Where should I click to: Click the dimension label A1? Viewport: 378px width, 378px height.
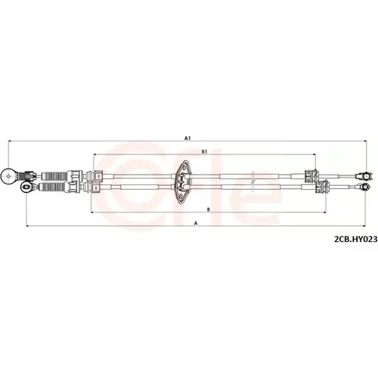click(x=187, y=138)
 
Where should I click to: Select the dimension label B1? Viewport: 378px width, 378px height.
click(x=204, y=152)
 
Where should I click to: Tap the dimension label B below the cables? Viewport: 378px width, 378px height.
click(x=208, y=209)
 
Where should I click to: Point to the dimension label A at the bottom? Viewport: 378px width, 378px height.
click(x=196, y=223)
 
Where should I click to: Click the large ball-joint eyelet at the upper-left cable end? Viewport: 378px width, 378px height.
click(x=9, y=176)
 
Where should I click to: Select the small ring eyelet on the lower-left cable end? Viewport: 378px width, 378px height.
click(x=26, y=187)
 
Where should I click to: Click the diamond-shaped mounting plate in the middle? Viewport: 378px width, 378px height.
click(x=183, y=182)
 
